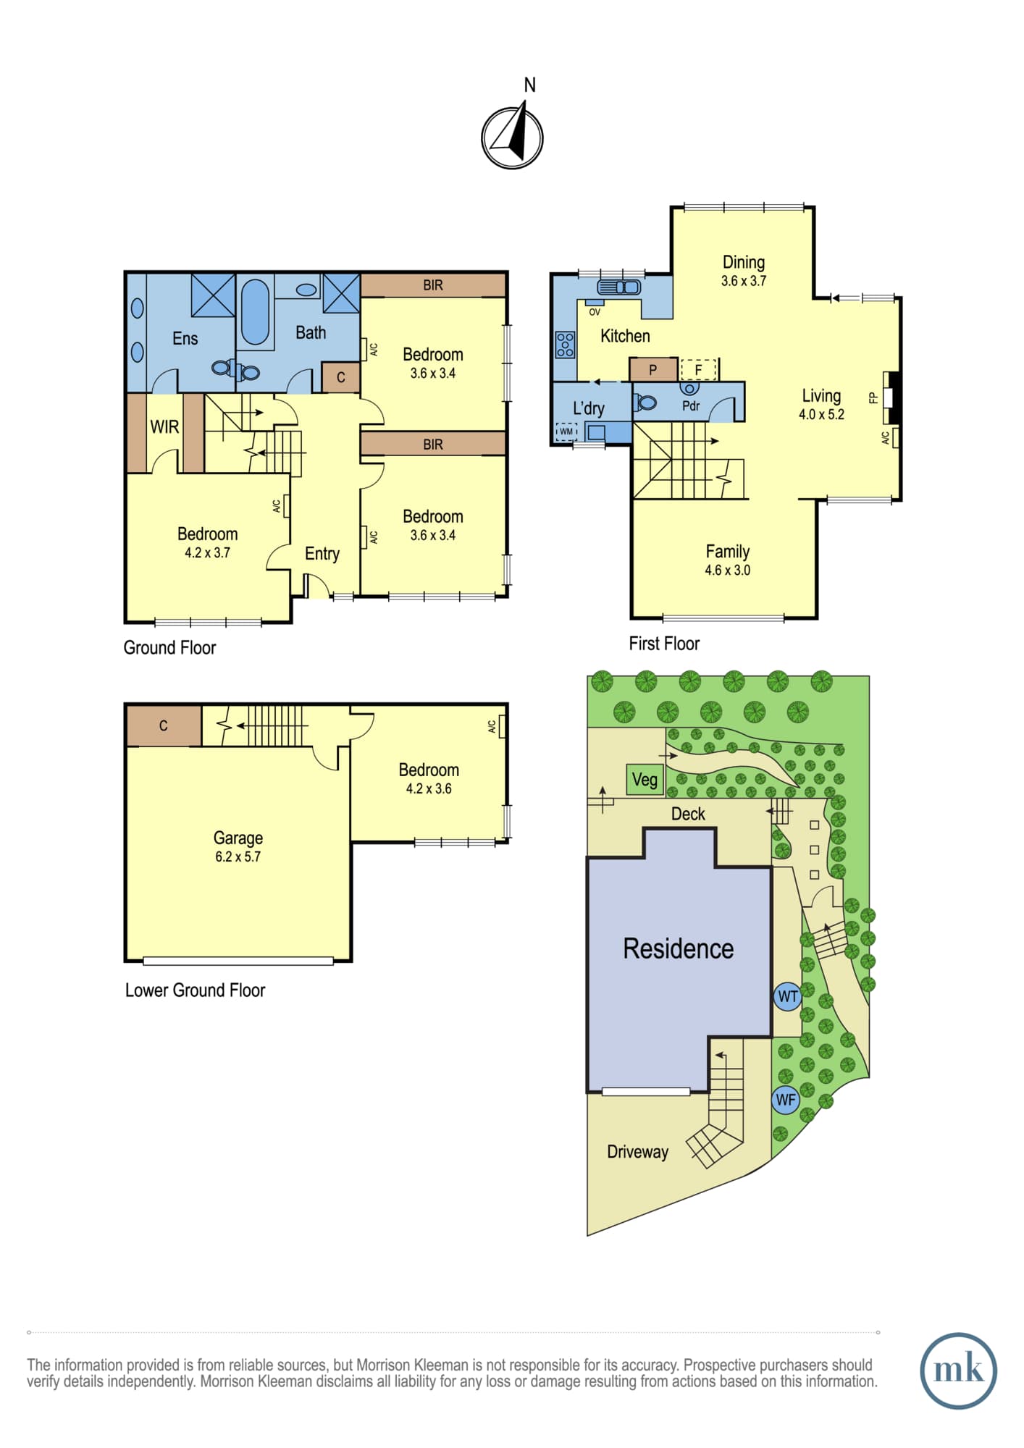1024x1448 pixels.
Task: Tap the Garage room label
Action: pos(238,838)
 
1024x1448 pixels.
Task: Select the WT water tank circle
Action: pos(787,996)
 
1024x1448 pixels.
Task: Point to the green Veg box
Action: pos(645,780)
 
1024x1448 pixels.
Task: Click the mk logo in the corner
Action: pos(958,1371)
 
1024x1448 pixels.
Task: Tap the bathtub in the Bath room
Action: pos(255,312)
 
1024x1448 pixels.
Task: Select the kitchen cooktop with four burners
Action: pos(565,345)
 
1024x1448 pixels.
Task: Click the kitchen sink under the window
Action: pos(618,287)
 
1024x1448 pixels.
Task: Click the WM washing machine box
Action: pos(566,432)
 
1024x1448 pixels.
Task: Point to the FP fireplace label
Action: pos(873,397)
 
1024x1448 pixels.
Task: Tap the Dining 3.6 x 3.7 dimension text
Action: pos(744,281)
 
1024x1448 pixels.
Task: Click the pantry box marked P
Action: pos(653,369)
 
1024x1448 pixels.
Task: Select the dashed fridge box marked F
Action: pos(698,370)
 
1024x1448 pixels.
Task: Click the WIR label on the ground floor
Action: pos(164,426)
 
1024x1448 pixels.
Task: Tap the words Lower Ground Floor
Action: pos(195,990)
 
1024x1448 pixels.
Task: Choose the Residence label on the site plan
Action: pos(679,948)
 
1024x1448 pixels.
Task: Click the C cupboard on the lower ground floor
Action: pos(164,726)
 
